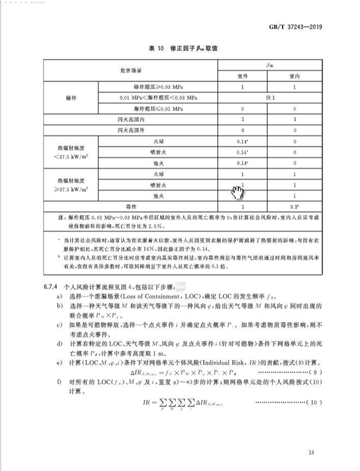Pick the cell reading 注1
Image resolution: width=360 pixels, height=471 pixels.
pos(269,98)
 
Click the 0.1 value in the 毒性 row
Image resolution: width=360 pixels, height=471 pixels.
pos(295,206)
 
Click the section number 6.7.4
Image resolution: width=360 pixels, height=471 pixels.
pos(49,285)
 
